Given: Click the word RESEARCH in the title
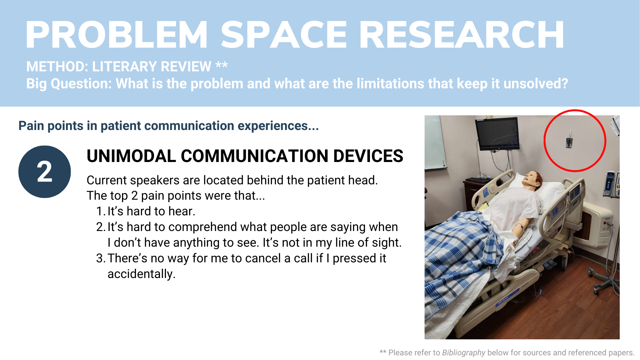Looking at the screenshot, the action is (462, 35).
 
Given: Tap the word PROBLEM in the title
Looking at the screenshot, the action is (117, 35).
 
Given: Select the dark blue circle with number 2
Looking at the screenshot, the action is (45, 172).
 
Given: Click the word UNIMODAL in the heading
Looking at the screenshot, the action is (131, 156).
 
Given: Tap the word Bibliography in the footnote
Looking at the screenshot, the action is (464, 353).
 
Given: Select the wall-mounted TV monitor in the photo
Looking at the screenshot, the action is (497, 133).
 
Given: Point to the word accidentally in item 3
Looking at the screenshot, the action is (141, 274).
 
